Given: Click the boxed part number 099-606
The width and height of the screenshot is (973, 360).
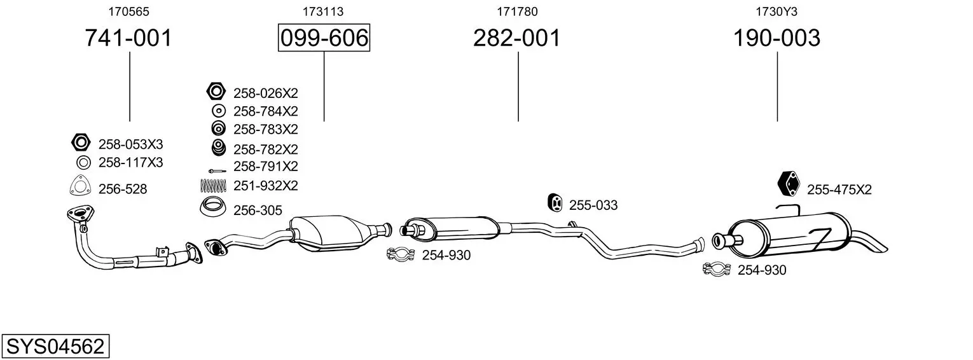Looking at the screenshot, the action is [324, 38].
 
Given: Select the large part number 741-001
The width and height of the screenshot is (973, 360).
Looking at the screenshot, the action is [128, 38].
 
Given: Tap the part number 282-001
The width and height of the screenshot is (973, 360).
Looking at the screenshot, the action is [517, 38].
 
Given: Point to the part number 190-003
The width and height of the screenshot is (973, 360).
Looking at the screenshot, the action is [776, 38].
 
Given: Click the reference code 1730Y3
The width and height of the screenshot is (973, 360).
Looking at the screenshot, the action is [776, 11].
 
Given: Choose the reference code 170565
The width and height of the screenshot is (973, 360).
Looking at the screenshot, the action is [128, 11].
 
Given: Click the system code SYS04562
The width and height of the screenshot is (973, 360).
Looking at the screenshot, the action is [55, 346].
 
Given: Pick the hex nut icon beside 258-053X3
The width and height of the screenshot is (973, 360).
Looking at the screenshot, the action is [81, 142].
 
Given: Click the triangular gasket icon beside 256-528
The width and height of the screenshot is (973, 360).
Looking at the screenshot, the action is [80, 186].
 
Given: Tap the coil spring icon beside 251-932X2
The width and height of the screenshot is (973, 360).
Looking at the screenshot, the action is [213, 186].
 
